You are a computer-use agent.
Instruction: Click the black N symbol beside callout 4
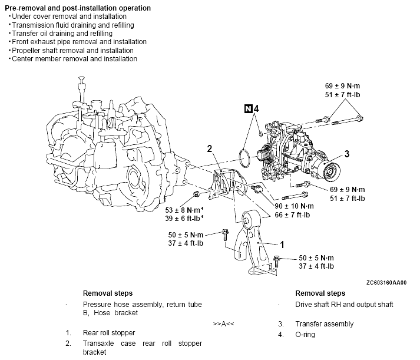click(249, 109)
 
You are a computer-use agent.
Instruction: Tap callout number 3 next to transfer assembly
click(347, 154)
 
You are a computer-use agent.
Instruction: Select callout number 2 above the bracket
click(210, 148)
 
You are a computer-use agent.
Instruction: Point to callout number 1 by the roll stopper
click(282, 245)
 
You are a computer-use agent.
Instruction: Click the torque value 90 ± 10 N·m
click(294, 206)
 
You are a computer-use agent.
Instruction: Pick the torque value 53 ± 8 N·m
click(184, 210)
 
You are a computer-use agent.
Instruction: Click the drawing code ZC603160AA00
click(386, 283)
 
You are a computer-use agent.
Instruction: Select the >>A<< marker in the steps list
click(223, 324)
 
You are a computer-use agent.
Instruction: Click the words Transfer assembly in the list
click(325, 324)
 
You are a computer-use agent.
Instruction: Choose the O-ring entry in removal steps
click(305, 335)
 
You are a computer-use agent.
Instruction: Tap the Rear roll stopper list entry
click(109, 333)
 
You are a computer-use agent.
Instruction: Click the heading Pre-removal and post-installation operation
click(78, 8)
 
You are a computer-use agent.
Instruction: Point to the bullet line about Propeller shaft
click(72, 50)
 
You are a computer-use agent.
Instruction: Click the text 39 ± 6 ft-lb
click(184, 219)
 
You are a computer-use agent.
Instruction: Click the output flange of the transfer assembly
click(331, 170)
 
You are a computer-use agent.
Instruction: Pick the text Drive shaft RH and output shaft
click(344, 305)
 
